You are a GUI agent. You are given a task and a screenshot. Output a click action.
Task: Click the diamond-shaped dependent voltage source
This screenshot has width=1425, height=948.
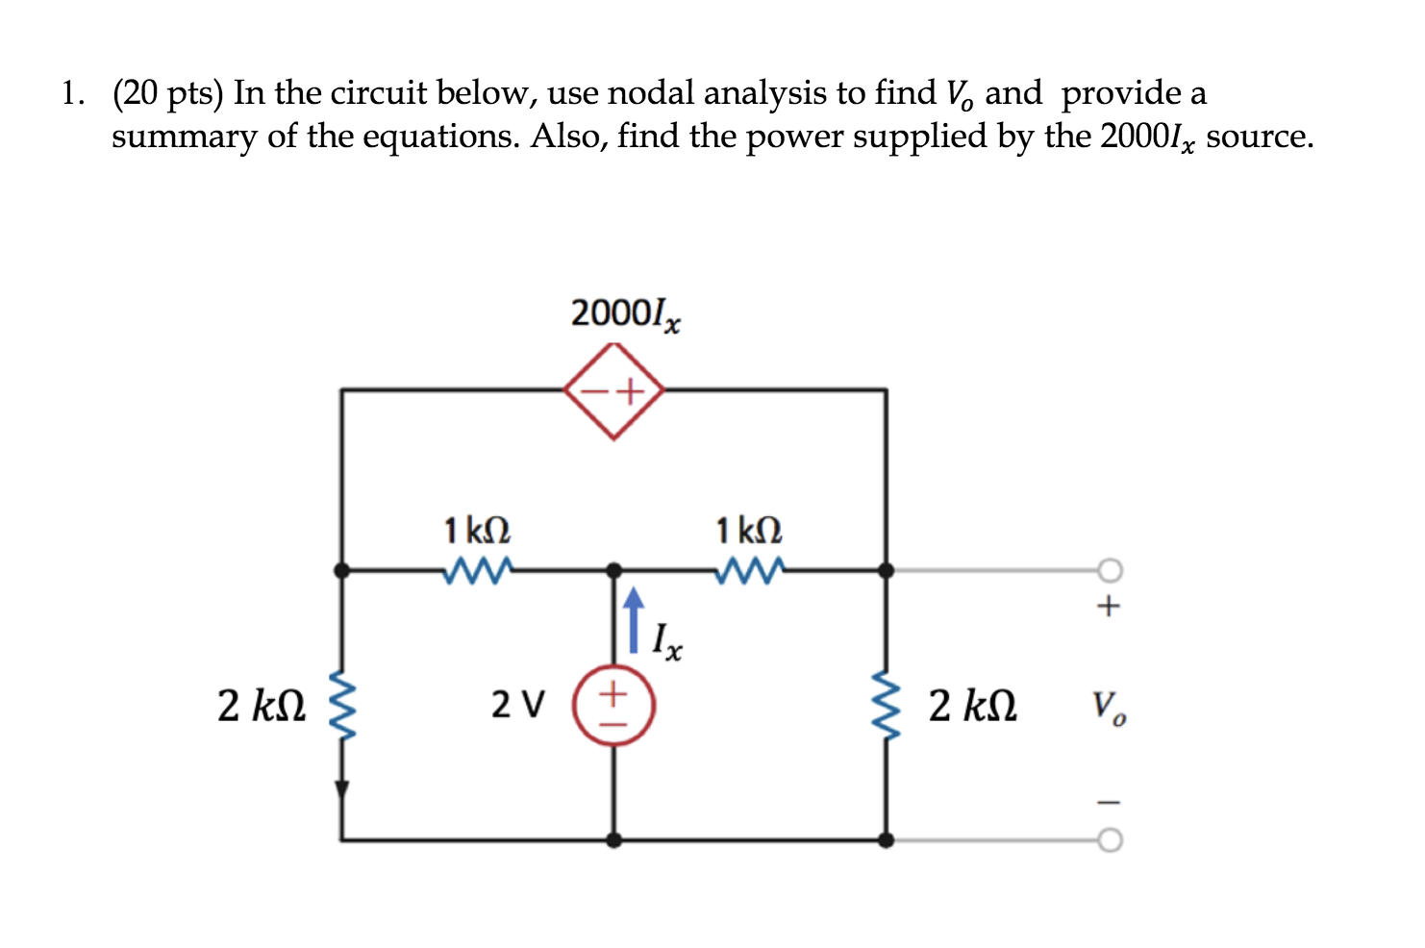coord(614,391)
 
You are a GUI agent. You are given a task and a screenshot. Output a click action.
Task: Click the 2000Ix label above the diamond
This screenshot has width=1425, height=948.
coord(625,314)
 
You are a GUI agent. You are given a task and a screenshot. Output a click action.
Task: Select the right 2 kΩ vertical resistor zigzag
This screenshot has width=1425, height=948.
coord(886,706)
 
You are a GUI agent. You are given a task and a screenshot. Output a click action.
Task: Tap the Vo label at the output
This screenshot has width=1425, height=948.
coord(1109,709)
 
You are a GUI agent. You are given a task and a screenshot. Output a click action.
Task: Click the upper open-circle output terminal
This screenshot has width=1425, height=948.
coord(1110,570)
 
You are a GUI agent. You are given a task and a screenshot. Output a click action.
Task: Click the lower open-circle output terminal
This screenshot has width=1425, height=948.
coord(1110,840)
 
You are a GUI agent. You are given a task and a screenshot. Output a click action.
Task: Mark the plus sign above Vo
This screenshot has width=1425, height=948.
coord(1109,606)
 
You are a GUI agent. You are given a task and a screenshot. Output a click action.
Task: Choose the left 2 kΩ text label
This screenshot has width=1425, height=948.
coord(262,707)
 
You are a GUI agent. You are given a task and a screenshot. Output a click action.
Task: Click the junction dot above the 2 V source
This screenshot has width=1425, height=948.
coord(614,570)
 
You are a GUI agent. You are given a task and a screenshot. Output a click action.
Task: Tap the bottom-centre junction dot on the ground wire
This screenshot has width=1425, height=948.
coord(614,839)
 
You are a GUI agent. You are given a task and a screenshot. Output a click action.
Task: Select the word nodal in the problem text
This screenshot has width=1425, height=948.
coord(651,93)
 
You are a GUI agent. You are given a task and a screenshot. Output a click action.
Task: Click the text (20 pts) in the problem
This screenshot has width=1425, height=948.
coord(167,93)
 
